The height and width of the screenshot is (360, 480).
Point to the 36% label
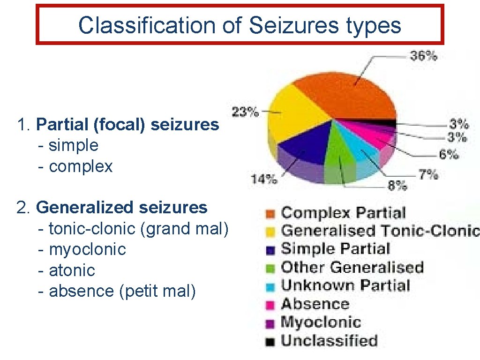click(423, 56)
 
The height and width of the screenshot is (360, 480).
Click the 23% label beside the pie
click(245, 112)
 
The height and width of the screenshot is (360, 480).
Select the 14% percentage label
click(264, 179)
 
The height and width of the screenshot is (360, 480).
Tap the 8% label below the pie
click(397, 186)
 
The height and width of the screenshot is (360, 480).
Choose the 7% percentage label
click(428, 175)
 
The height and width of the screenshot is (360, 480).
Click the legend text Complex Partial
click(343, 213)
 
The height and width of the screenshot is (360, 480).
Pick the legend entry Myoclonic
click(321, 322)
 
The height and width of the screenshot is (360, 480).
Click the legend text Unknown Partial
click(345, 285)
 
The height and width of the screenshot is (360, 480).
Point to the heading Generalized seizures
click(121, 207)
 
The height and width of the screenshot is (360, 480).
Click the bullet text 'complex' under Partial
click(81, 166)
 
